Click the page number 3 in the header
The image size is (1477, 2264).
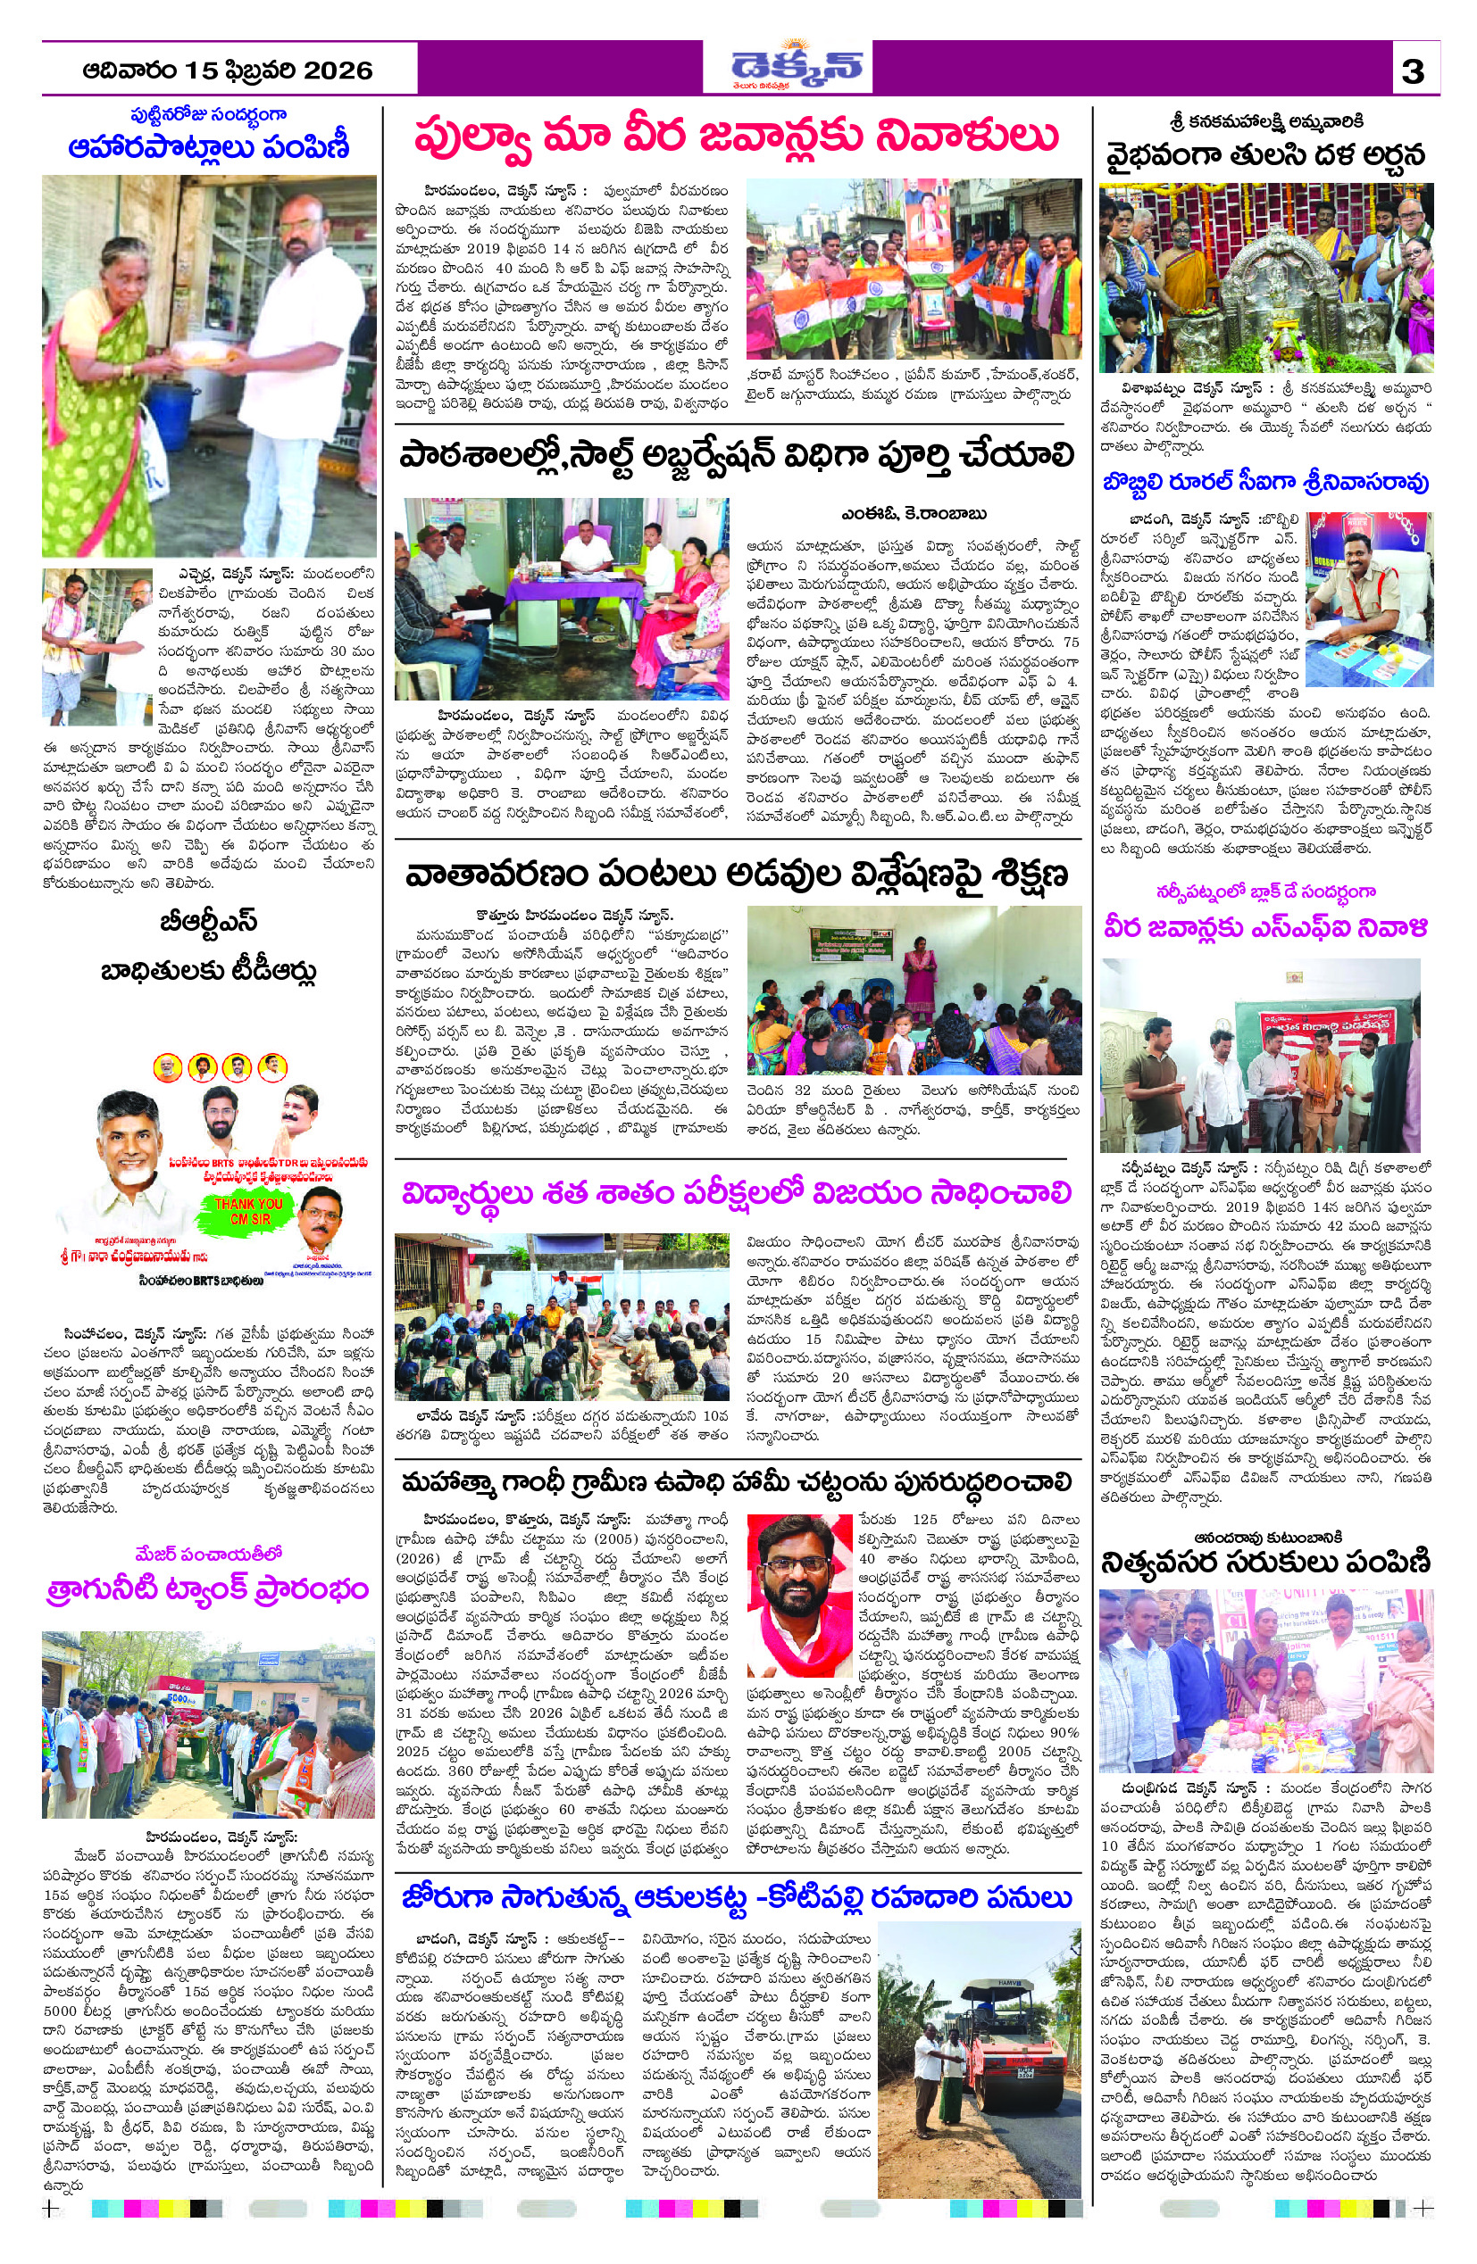1413,71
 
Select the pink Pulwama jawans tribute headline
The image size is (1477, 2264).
736,136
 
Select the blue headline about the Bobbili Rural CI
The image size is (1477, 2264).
1264,482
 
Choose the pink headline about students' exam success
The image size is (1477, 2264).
736,1194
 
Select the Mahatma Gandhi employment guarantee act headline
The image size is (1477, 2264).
736,1482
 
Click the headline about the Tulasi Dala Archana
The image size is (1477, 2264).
1264,154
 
